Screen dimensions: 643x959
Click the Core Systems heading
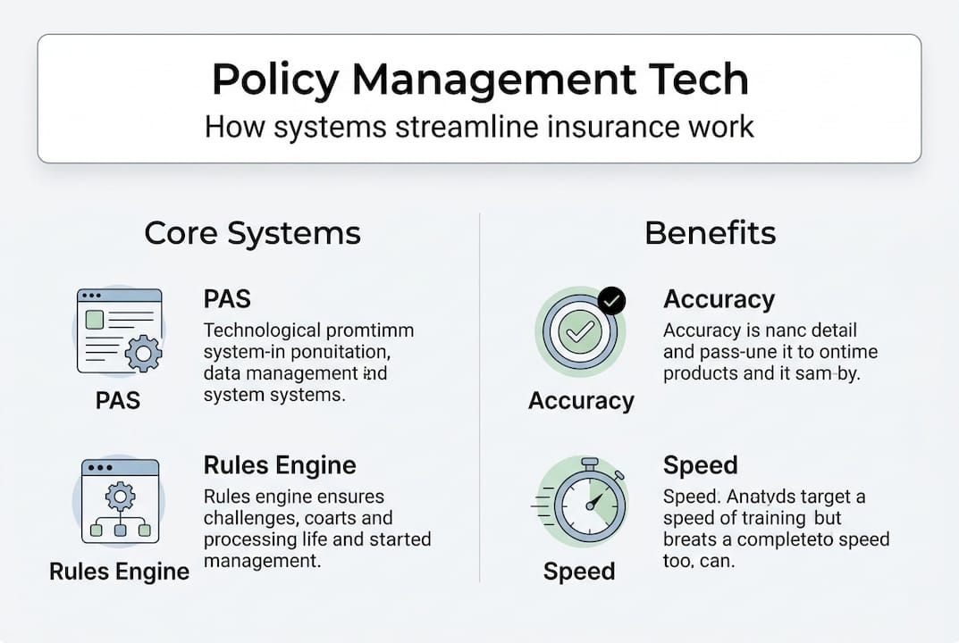(x=252, y=233)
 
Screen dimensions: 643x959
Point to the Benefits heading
(x=710, y=233)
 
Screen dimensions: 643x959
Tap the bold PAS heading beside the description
(x=227, y=300)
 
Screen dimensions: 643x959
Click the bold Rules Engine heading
(x=280, y=465)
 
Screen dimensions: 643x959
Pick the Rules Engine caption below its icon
(x=119, y=572)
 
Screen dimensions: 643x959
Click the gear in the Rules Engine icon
(x=120, y=494)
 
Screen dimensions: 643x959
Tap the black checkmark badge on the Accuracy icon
(x=611, y=302)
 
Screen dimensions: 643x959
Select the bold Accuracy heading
(x=719, y=299)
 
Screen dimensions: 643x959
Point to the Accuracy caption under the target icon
(x=581, y=400)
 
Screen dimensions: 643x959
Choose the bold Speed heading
(x=700, y=465)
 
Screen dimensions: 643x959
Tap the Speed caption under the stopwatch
(x=579, y=572)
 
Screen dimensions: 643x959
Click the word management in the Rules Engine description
(x=262, y=561)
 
